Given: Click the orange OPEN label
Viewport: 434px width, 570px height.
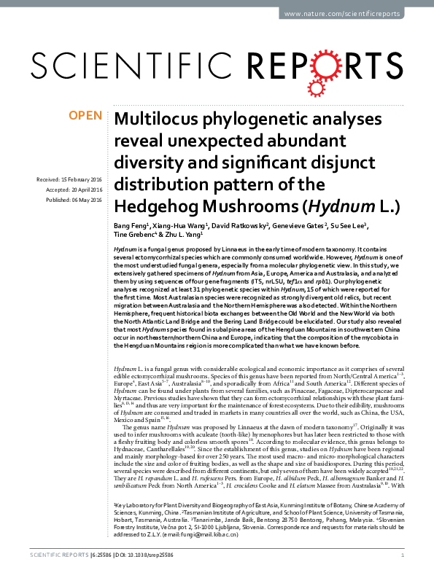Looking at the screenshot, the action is pyautogui.click(x=85, y=115).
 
